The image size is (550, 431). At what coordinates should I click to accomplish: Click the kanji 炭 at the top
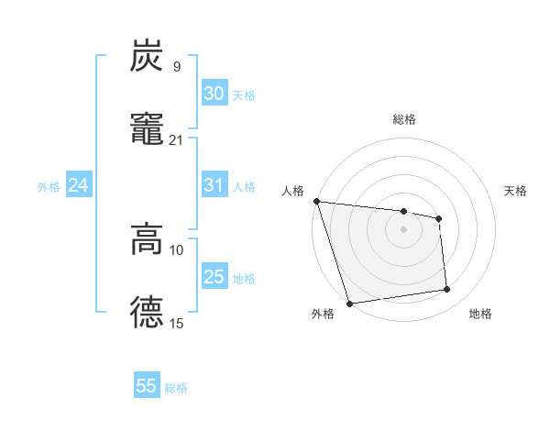pos(148,56)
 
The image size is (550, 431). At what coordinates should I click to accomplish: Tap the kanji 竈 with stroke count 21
pos(148,127)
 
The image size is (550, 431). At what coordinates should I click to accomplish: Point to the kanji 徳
pos(148,311)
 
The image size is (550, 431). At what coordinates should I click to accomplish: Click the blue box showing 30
pos(214,94)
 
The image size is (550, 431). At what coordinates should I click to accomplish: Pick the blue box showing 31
pos(214,185)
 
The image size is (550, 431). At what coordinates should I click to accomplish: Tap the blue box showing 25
pos(214,277)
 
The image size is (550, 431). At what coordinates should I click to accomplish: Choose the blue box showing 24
pos(79,185)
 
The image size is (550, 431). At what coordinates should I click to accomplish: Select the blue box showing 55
pos(147,386)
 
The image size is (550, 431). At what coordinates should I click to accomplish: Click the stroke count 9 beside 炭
pos(176,67)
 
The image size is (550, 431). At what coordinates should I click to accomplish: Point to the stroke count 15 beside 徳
pos(177,323)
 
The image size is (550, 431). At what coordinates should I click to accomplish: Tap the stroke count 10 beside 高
pos(177,250)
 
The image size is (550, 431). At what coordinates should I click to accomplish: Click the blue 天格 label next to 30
pos(244,94)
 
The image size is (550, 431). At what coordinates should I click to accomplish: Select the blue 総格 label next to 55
pos(176,388)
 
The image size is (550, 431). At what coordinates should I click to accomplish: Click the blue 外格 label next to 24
pos(49,186)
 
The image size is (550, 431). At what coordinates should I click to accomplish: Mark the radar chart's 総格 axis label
pos(404,119)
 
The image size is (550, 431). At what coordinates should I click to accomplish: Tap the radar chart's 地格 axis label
pos(480,315)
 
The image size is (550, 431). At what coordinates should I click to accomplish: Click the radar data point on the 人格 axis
pos(316,201)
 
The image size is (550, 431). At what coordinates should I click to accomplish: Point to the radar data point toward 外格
pos(349,303)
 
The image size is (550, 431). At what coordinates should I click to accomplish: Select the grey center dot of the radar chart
pos(404,229)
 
